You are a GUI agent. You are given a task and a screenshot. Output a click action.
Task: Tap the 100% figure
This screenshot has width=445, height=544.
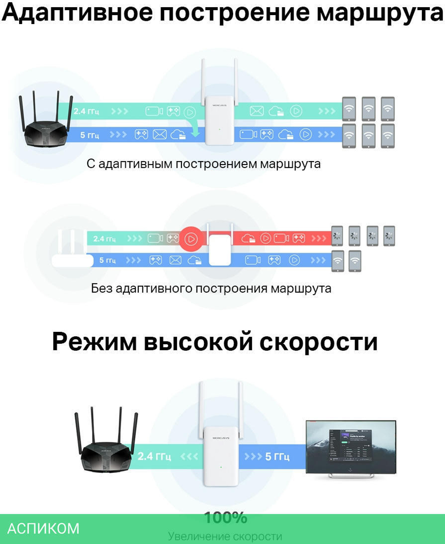click(x=225, y=518)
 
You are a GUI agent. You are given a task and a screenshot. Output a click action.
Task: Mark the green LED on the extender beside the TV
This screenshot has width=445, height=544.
click(x=221, y=467)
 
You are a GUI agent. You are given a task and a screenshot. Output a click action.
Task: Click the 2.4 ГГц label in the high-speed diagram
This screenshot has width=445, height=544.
click(x=154, y=456)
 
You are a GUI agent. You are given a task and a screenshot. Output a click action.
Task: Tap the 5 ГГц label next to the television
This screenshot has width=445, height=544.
click(x=277, y=456)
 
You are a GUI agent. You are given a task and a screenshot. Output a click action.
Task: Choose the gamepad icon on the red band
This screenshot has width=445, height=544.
click(x=299, y=238)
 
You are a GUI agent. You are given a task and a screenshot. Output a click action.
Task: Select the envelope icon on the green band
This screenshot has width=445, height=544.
click(x=257, y=111)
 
